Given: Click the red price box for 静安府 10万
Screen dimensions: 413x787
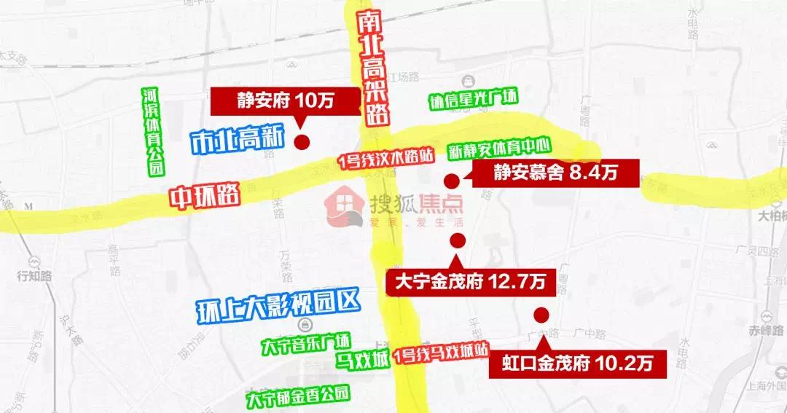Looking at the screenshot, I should (x=286, y=101).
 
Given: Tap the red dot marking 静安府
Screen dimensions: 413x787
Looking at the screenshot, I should (x=302, y=142).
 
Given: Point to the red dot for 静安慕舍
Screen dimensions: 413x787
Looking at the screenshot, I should (x=451, y=181).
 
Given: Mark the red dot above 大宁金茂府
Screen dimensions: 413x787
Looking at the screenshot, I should (x=458, y=241).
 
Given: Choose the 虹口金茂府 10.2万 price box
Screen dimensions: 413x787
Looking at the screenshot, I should (x=579, y=363).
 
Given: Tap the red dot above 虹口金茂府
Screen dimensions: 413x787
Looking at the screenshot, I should (x=541, y=315).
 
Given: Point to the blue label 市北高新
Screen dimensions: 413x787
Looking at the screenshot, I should (x=235, y=142).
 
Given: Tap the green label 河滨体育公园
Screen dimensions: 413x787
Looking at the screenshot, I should (x=152, y=132).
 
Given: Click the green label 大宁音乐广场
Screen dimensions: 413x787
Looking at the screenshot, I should (x=306, y=341).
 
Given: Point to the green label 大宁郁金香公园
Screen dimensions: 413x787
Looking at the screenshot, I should (x=298, y=398).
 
